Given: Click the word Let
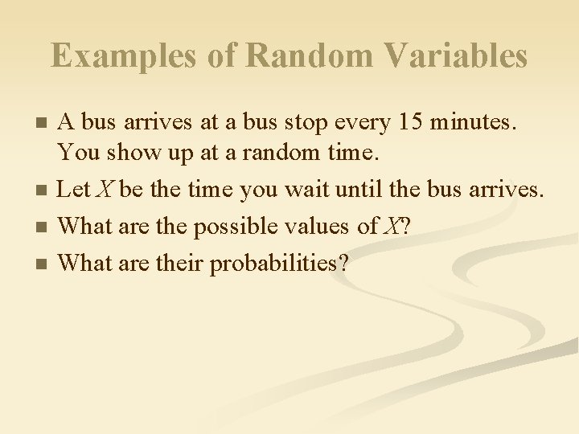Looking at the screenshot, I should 74,189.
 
